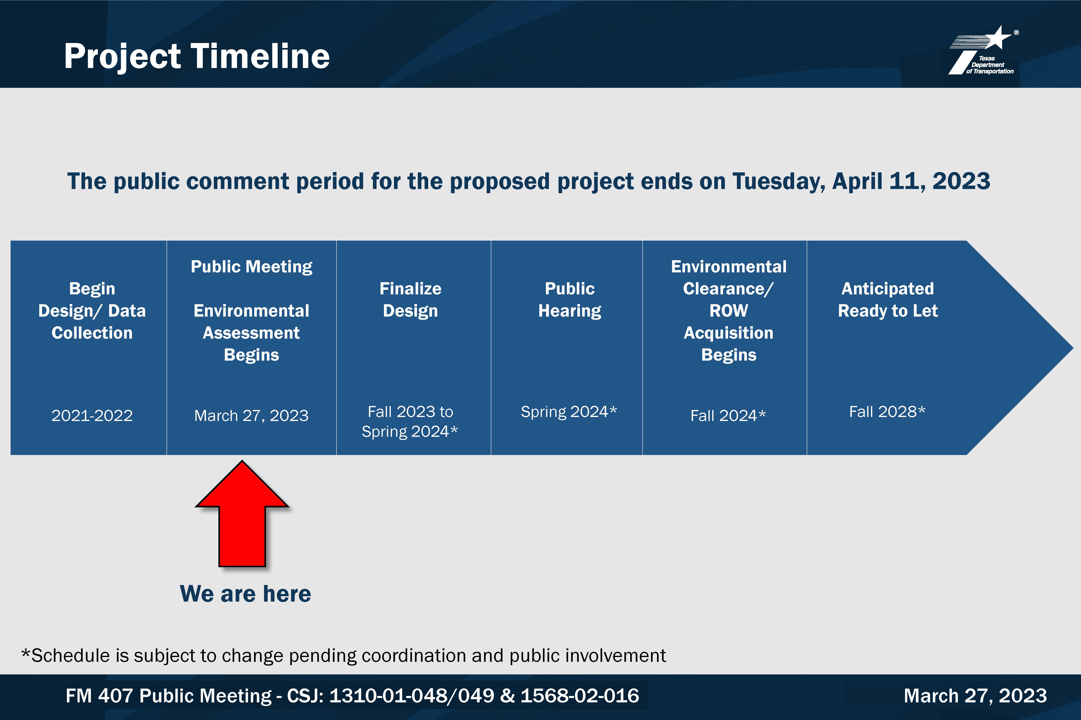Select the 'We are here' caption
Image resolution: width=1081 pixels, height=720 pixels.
point(245,594)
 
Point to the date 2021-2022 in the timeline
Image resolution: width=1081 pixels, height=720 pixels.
point(92,416)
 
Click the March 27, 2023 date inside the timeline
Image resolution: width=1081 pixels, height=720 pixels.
point(251,416)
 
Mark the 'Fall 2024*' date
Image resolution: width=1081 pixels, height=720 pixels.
point(728,416)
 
